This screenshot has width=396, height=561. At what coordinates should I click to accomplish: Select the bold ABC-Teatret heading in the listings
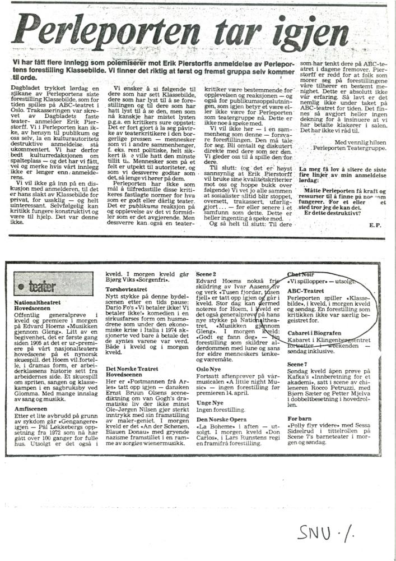point(306,292)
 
